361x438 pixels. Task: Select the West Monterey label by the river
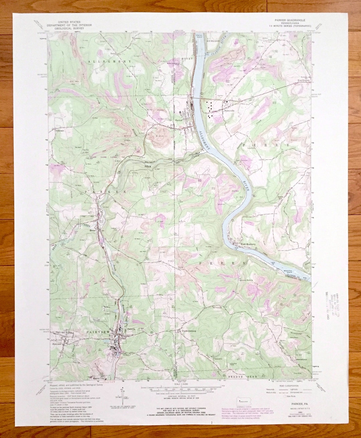[248, 244]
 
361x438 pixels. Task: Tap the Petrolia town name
[131, 329]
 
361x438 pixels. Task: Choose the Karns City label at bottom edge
[98, 378]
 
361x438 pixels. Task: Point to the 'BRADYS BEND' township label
[244, 377]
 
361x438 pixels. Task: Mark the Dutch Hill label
[281, 197]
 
